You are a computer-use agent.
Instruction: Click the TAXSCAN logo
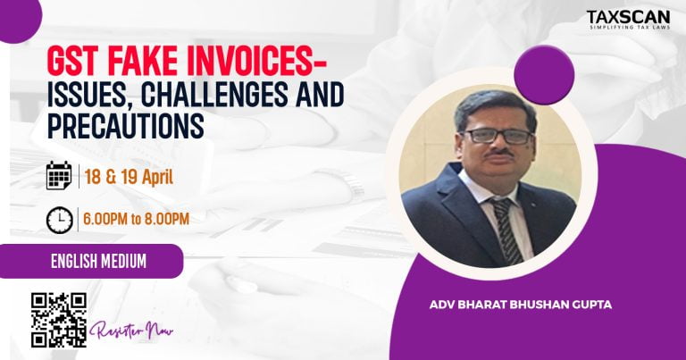click(630, 17)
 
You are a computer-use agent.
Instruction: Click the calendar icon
click(59, 175)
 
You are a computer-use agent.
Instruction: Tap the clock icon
click(59, 218)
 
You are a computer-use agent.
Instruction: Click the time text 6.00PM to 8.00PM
click(136, 218)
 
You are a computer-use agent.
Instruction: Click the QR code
click(59, 320)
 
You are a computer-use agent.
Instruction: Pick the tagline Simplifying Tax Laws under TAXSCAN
click(630, 29)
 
